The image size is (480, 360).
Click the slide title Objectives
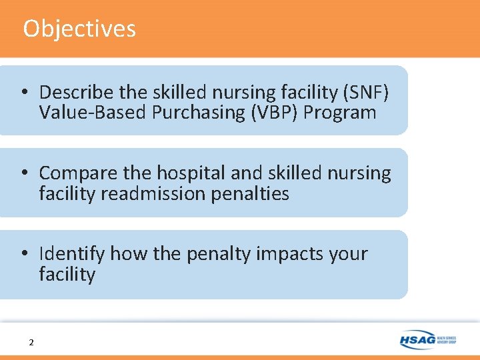[79, 29]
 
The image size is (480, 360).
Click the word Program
[339, 112]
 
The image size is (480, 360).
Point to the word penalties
[250, 193]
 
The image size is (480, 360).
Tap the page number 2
[31, 343]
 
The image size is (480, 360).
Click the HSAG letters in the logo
[417, 340]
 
